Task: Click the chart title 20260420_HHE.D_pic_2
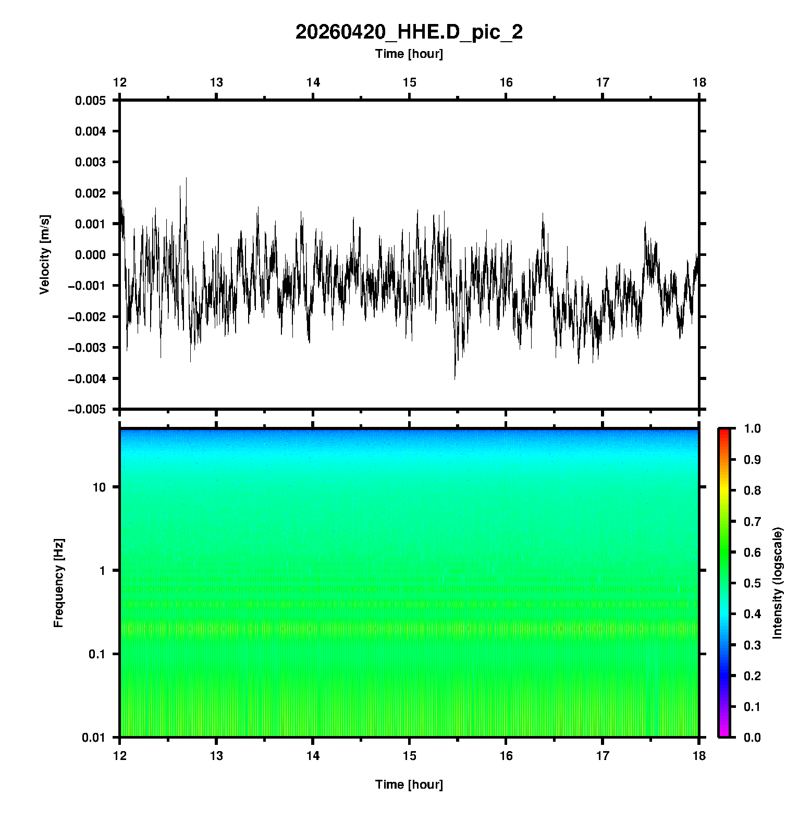(x=409, y=32)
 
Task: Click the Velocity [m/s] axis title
(x=45, y=254)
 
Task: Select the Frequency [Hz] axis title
(x=58, y=583)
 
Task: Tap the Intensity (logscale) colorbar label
(x=778, y=583)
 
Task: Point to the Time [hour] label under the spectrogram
(x=409, y=784)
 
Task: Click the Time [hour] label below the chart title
(x=409, y=54)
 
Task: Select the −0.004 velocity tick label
(x=87, y=378)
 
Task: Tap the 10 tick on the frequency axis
(x=99, y=487)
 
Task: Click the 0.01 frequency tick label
(x=94, y=737)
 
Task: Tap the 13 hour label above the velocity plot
(x=216, y=82)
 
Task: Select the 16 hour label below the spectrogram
(x=506, y=755)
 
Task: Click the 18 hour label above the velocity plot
(x=699, y=82)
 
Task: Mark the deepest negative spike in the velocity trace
(x=454, y=378)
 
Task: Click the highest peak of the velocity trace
(x=186, y=178)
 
